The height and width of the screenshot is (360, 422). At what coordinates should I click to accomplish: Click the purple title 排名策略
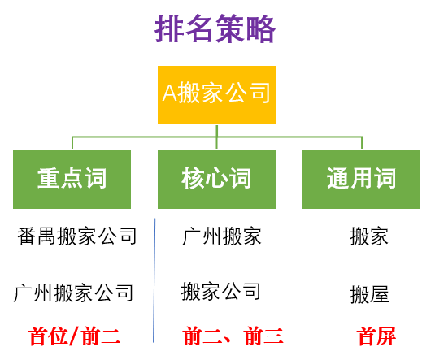click(x=215, y=29)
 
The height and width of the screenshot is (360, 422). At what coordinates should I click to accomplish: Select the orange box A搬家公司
click(x=216, y=94)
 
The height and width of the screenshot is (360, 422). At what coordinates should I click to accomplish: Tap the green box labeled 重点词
click(x=72, y=180)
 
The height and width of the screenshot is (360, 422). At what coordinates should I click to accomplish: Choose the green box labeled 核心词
click(x=216, y=180)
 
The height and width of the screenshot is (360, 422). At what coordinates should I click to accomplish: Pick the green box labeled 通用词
click(x=361, y=180)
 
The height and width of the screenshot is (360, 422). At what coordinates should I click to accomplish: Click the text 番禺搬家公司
click(x=76, y=236)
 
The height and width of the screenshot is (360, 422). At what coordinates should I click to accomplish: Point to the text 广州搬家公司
click(x=73, y=293)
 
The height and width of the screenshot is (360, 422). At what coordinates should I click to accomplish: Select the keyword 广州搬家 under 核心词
click(x=222, y=236)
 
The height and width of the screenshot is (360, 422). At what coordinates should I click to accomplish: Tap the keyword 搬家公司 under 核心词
click(x=221, y=292)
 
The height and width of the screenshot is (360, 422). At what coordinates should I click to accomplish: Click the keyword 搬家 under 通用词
click(x=369, y=236)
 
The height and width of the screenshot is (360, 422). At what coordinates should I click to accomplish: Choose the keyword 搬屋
click(x=369, y=294)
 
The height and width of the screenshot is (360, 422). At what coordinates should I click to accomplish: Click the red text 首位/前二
click(x=74, y=336)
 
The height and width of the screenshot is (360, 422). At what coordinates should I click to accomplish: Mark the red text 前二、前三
click(x=233, y=336)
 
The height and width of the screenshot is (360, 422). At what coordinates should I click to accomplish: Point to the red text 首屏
click(x=377, y=336)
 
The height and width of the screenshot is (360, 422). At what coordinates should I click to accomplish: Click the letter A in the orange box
click(x=170, y=93)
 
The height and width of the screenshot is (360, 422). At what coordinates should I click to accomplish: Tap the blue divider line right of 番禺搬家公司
click(x=154, y=280)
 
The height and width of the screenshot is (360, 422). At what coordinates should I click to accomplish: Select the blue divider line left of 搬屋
click(x=307, y=277)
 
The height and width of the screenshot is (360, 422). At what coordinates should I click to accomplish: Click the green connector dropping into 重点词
click(x=72, y=142)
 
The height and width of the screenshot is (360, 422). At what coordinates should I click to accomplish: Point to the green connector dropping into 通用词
click(x=362, y=142)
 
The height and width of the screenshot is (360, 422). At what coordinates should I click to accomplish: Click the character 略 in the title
click(x=261, y=29)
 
